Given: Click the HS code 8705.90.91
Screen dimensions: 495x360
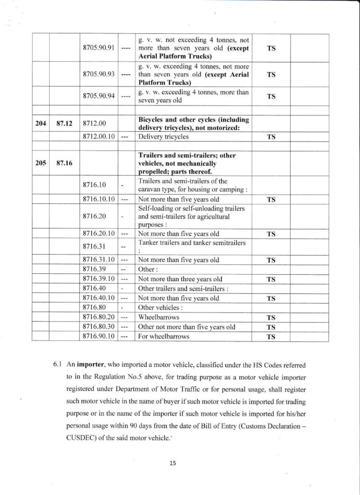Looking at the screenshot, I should [98, 49].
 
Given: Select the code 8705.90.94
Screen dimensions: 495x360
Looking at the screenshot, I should [98, 97].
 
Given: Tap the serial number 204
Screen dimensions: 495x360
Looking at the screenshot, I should [40, 124].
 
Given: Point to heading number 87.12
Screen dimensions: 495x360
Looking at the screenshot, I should [63, 124].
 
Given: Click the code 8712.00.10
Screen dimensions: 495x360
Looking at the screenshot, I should [98, 137].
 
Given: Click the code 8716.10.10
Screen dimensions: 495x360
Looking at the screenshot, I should [98, 200].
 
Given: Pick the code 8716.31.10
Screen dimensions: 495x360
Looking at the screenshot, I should [98, 260].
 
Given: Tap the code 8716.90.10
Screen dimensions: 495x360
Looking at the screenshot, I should [98, 337].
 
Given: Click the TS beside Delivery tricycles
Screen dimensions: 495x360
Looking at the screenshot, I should [270, 137].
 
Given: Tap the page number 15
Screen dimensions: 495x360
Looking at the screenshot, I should [173, 463].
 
